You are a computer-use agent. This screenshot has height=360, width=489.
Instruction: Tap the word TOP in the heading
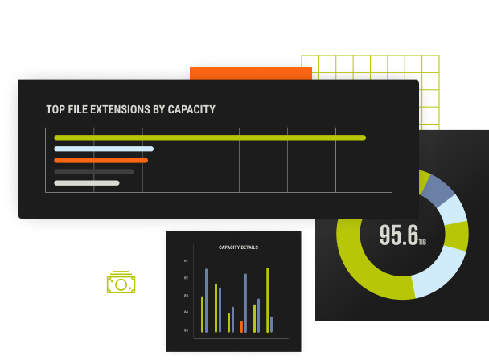pyautogui.click(x=55, y=109)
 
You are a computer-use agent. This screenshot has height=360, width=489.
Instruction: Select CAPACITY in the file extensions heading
pyautogui.click(x=191, y=109)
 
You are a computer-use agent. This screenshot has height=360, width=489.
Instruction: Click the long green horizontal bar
pyautogui.click(x=209, y=137)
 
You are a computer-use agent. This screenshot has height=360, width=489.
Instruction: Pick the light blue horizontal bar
pyautogui.click(x=103, y=149)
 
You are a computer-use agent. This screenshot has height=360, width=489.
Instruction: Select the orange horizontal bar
pyautogui.click(x=101, y=160)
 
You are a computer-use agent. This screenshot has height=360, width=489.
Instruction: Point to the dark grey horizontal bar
pyautogui.click(x=93, y=171)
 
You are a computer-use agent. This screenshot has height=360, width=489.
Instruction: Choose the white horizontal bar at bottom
pyautogui.click(x=86, y=182)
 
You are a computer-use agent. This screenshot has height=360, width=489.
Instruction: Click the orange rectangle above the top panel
pyautogui.click(x=250, y=73)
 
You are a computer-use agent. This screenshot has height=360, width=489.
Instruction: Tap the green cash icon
pyautogui.click(x=121, y=282)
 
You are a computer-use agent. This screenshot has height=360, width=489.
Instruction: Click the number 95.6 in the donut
pyautogui.click(x=398, y=235)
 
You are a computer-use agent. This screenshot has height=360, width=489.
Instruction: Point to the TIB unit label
pyautogui.click(x=423, y=241)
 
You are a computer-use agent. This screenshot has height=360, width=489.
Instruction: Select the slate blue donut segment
pyautogui.click(x=438, y=189)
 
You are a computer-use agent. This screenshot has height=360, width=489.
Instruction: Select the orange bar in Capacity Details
pyautogui.click(x=241, y=327)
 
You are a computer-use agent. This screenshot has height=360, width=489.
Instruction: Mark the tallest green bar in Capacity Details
pyautogui.click(x=267, y=300)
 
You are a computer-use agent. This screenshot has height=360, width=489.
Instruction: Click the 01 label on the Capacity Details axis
pyautogui.click(x=186, y=262)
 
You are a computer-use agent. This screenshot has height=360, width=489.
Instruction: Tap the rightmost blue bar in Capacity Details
pyautogui.click(x=271, y=324)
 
